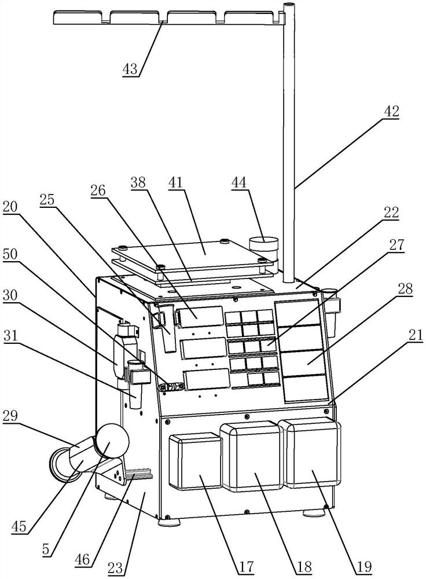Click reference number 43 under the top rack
click(x=130, y=68)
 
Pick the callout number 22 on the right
click(x=391, y=213)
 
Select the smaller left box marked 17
click(x=194, y=462)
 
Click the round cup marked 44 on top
click(x=263, y=245)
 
